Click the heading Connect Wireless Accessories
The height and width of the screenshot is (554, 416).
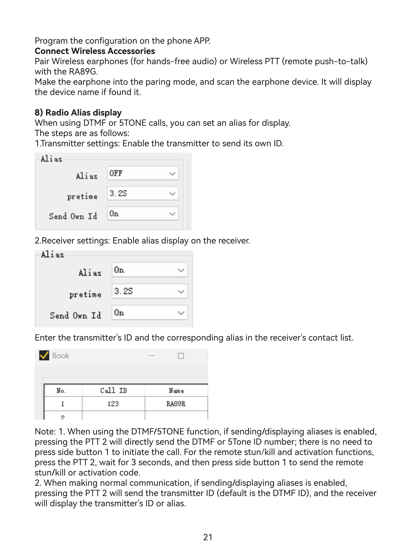95,51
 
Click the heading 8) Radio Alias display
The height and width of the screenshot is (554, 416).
78,113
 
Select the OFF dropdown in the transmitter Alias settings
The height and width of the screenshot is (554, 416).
143,173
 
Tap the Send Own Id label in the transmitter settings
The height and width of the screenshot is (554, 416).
73,216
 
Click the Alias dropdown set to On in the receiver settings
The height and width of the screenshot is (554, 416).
149,270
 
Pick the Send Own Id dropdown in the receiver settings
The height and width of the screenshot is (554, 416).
149,313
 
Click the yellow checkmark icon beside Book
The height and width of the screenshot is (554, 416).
44,355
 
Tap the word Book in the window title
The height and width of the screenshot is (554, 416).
61,356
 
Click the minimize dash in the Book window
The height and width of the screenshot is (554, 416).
152,356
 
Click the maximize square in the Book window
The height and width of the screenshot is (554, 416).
181,356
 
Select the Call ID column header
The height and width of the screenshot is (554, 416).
113,391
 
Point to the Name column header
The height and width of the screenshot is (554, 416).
176,391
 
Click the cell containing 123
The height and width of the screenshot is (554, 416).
113,404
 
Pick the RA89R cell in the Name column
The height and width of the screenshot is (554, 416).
176,404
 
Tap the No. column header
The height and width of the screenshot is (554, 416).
61,391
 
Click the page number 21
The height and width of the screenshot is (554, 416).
208,537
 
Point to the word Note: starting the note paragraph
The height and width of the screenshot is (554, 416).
45,431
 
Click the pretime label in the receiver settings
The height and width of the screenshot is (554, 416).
85,294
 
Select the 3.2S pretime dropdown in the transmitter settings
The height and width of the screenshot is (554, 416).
143,194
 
